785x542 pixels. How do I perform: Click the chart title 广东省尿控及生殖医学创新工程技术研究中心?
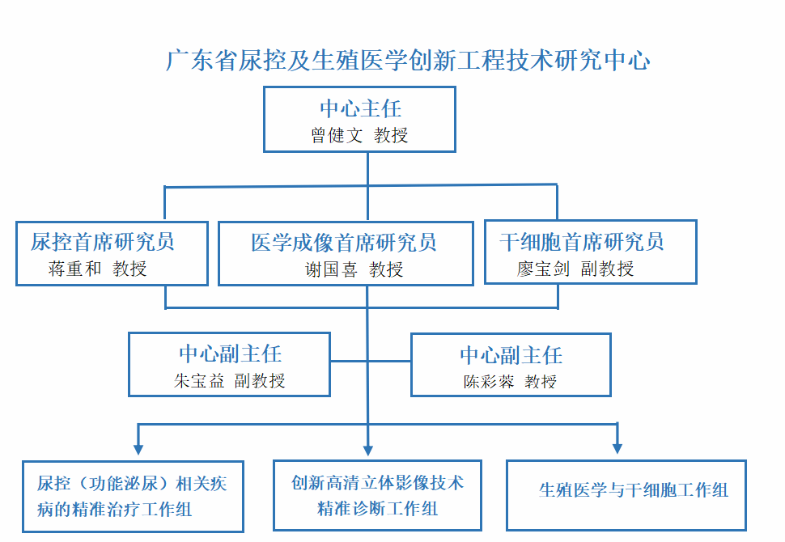pyautogui.click(x=408, y=61)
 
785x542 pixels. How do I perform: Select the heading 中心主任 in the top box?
pyautogui.click(x=360, y=108)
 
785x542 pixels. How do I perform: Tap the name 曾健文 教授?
pyautogui.click(x=359, y=135)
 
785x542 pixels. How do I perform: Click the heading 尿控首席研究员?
pyautogui.click(x=102, y=242)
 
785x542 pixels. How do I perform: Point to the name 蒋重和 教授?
pyautogui.click(x=98, y=269)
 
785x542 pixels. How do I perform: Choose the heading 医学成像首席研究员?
pyautogui.click(x=344, y=243)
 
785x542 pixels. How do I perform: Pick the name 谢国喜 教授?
pyautogui.click(x=354, y=269)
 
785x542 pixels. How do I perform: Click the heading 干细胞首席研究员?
pyautogui.click(x=581, y=242)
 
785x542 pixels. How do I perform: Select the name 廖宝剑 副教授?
pyautogui.click(x=575, y=269)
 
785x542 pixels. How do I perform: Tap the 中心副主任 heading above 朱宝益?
pyautogui.click(x=231, y=354)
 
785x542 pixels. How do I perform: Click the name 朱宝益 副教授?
pyautogui.click(x=229, y=381)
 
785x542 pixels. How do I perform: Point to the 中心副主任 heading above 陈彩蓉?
pyautogui.click(x=511, y=355)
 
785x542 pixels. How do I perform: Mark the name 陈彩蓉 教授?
pyautogui.click(x=510, y=382)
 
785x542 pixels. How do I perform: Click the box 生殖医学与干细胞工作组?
pyautogui.click(x=626, y=495)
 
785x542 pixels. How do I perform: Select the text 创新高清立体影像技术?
pyautogui.click(x=377, y=483)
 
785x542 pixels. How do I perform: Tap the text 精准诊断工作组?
pyautogui.click(x=377, y=509)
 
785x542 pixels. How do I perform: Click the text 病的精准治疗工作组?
pyautogui.click(x=115, y=510)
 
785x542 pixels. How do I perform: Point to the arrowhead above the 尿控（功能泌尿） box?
pyautogui.click(x=138, y=449)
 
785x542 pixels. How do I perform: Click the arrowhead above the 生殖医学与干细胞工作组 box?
pyautogui.click(x=617, y=448)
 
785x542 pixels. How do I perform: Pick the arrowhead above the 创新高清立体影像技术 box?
pyautogui.click(x=368, y=450)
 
